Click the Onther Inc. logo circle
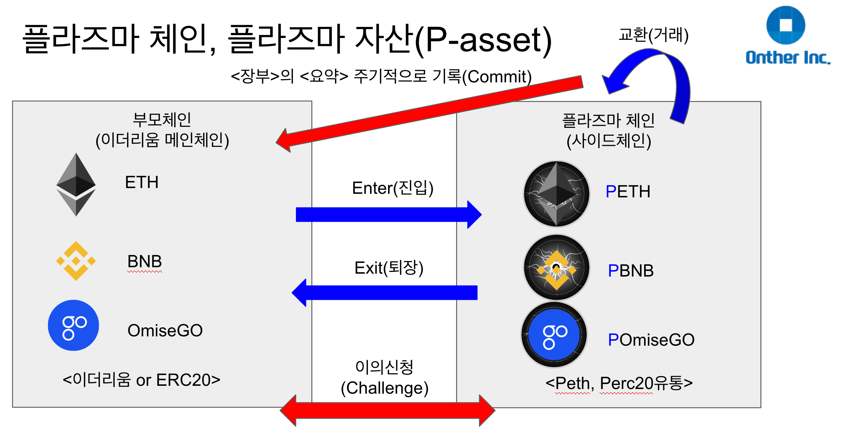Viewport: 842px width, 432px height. tap(785, 25)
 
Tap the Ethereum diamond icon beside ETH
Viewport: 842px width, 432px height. tap(76, 184)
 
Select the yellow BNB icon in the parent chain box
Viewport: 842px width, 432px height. tap(76, 261)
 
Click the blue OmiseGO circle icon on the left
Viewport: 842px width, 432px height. tap(73, 325)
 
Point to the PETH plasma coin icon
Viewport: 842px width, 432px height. tap(556, 194)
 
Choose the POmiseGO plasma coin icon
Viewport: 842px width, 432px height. tap(554, 335)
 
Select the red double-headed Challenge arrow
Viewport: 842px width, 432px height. tap(387, 411)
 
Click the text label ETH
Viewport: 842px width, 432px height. tap(142, 182)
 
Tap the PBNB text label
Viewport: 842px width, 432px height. tap(631, 271)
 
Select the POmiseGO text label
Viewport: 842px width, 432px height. tap(651, 340)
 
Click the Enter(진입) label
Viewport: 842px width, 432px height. tap(393, 188)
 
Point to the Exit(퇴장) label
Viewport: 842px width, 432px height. tap(389, 268)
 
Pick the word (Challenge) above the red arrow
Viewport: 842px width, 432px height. tap(384, 388)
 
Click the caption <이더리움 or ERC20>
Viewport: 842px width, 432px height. tap(141, 380)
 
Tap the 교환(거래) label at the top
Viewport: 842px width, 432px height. tap(654, 35)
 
